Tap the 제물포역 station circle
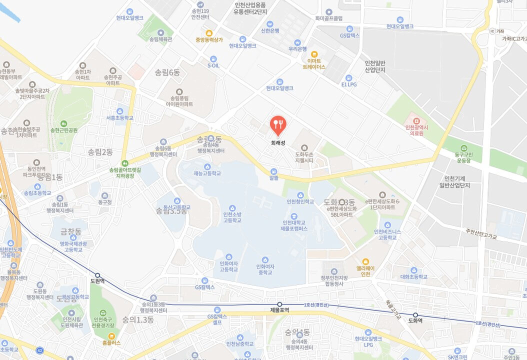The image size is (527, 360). coord(280,304)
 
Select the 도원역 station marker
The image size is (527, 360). coord(98,275)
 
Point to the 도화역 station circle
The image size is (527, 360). coord(415,315)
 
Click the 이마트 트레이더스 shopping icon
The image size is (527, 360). coord(314,54)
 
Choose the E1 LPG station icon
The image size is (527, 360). coord(348,77)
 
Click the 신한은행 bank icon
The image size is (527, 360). coord(270,23)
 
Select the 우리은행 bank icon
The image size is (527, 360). coord(297,42)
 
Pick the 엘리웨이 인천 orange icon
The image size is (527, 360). coord(366,261)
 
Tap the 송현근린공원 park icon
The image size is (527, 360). coord(63,123)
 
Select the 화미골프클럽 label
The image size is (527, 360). coord(328,18)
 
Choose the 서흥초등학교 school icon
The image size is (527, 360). coord(120,111)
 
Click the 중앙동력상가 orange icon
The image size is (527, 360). coord(209,33)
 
